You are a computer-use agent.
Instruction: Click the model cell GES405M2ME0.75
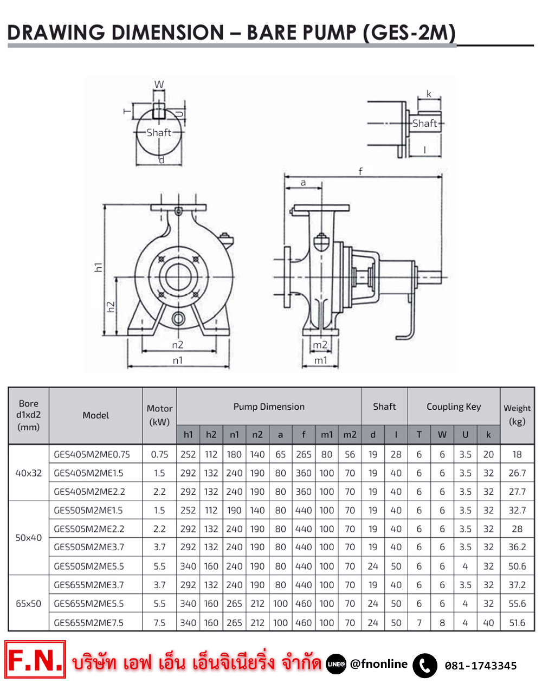[92, 455]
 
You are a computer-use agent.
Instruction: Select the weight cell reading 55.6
[517, 604]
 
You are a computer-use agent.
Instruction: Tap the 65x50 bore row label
[28, 604]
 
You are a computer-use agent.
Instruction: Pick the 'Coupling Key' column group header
[454, 407]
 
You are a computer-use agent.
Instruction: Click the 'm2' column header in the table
[350, 435]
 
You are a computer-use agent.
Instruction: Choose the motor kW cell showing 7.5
[159, 623]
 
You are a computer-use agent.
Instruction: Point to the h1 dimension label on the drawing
[98, 267]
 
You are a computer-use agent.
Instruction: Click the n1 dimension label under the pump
[178, 360]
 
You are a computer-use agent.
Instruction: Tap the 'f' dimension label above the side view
[360, 171]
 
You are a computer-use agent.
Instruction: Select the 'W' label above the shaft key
[159, 85]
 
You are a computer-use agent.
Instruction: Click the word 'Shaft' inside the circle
[159, 133]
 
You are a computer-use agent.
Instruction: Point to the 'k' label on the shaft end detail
[429, 94]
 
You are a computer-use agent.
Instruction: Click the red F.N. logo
[35, 660]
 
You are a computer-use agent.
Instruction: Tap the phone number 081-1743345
[480, 666]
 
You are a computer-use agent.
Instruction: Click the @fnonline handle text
[378, 664]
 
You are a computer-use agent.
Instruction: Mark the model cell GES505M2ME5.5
[89, 566]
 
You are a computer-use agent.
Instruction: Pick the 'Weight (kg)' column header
[517, 415]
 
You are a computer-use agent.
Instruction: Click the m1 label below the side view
[321, 360]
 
